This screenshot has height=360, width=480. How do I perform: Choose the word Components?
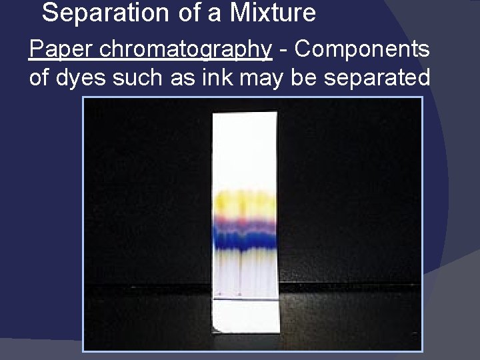pos(363,49)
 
